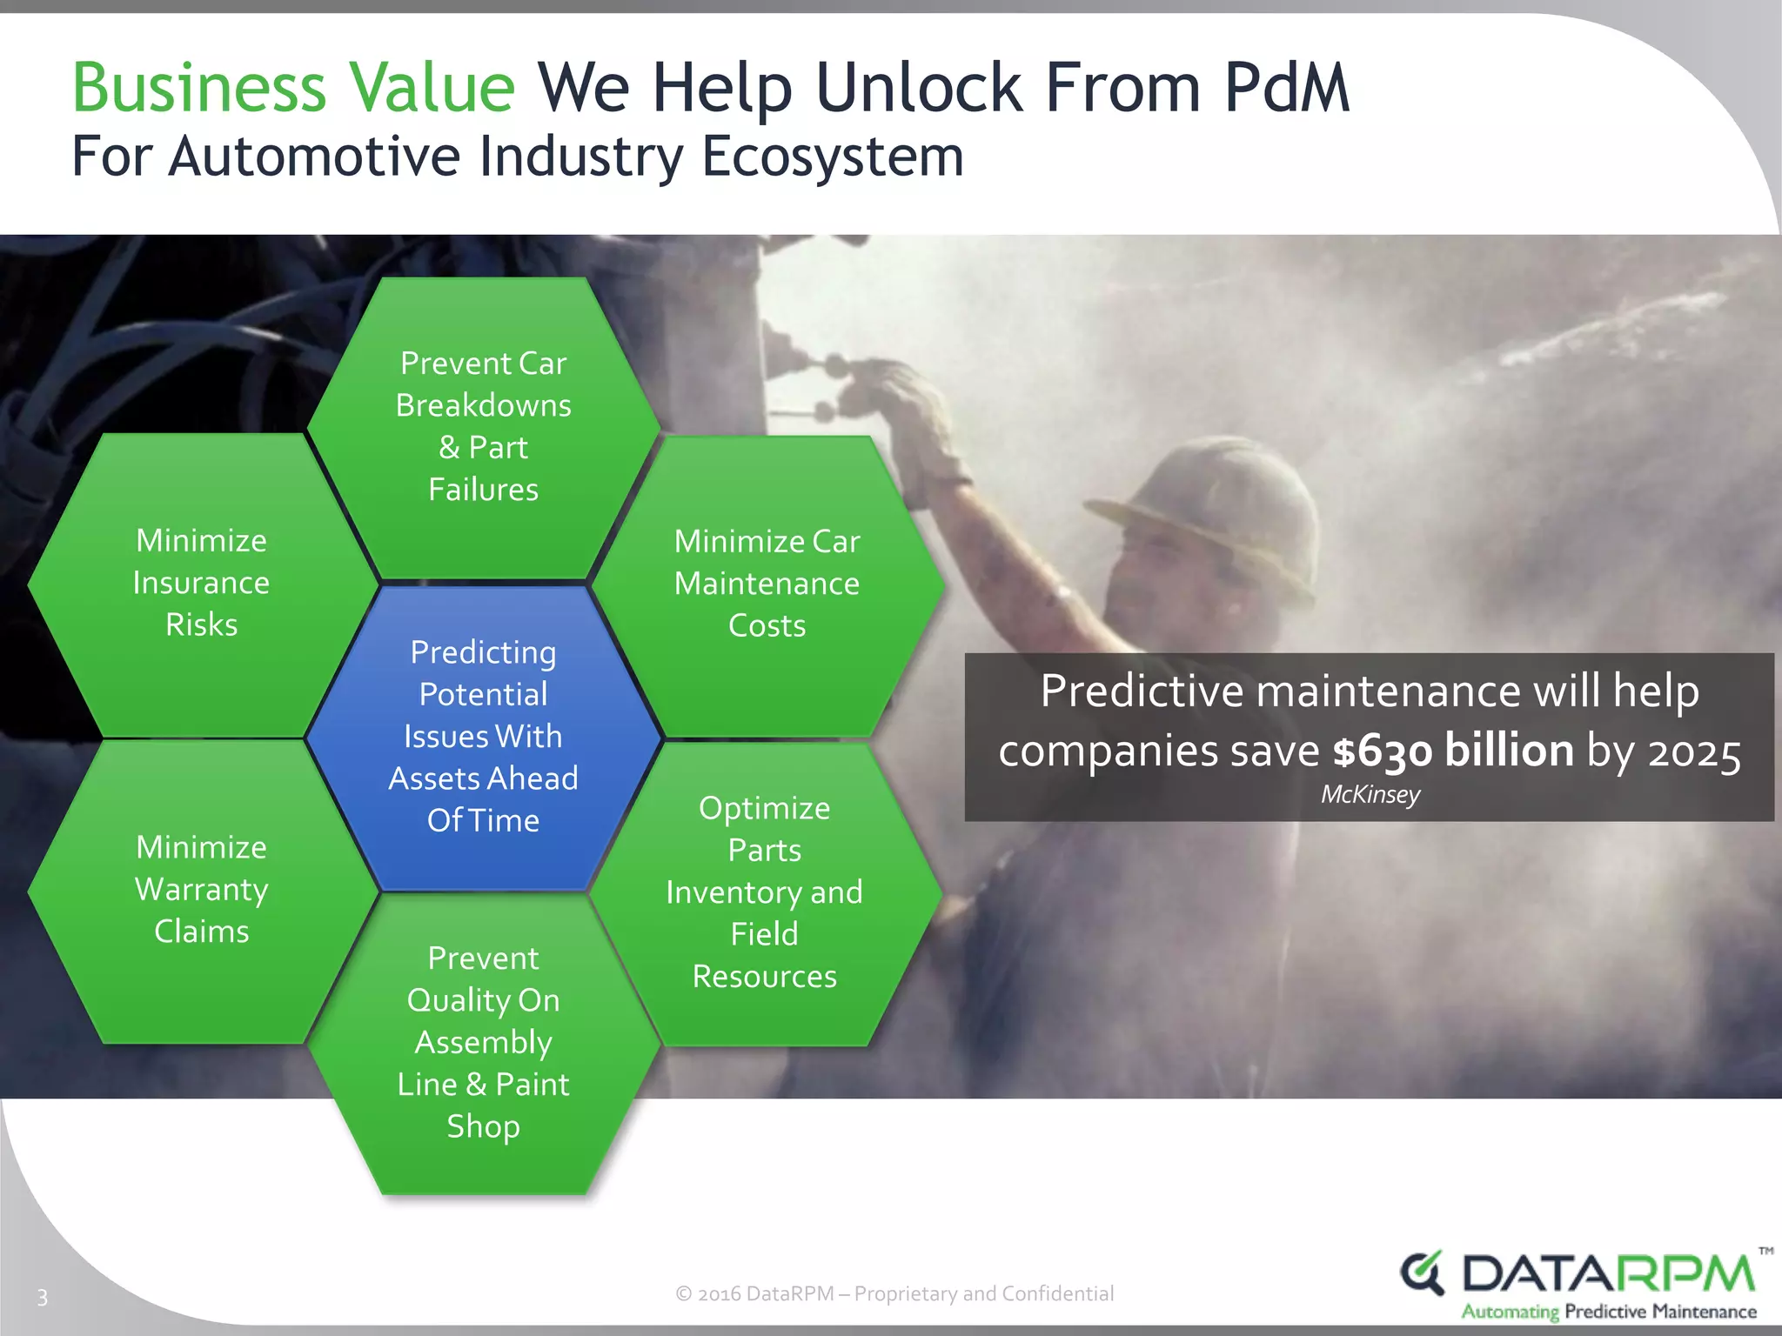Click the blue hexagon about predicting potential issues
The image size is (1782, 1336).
484,737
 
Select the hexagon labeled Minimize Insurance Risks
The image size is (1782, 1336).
202,584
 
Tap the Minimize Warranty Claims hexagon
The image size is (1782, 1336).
202,890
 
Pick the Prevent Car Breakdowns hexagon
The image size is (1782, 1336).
484,427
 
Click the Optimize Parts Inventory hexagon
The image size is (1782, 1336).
765,892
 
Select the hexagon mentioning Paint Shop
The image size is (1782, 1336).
484,1043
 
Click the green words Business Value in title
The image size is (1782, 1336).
294,88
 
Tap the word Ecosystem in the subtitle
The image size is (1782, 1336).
833,157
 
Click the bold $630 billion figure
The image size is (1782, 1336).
1453,751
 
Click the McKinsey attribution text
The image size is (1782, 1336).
1370,795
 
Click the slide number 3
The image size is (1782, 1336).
42,1298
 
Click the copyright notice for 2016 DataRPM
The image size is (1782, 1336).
894,1293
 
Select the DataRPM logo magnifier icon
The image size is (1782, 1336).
1422,1274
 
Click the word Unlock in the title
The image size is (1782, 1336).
921,88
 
